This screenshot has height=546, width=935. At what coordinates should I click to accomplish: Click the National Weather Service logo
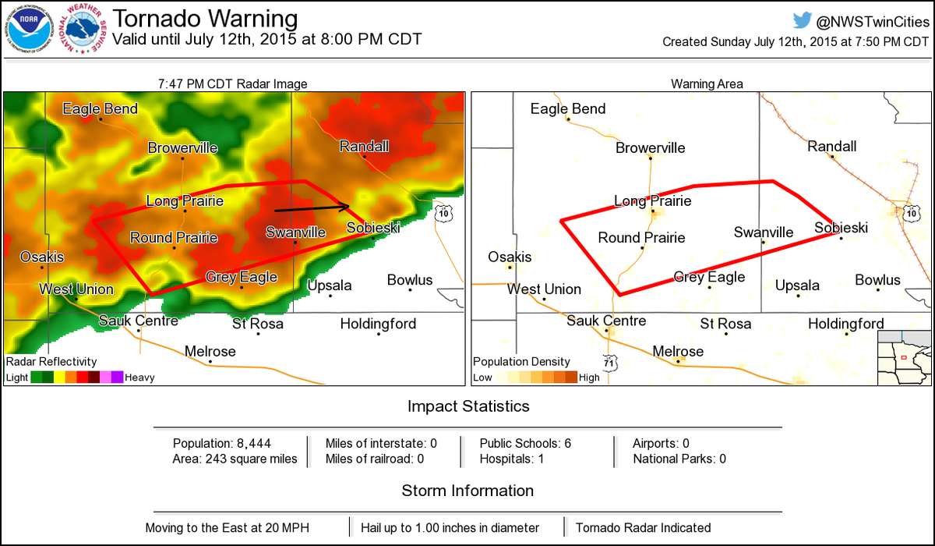85,30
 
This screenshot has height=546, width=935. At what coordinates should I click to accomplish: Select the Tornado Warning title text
205,18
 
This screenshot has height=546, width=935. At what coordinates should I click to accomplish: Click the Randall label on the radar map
364,147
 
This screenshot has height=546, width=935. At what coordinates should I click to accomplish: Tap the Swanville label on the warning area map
764,232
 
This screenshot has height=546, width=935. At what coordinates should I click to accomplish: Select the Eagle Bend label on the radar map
100,108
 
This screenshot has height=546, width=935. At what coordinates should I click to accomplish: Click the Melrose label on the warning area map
677,351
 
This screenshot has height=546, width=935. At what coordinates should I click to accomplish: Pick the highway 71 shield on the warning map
609,362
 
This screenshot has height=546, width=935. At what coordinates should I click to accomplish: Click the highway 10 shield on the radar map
443,212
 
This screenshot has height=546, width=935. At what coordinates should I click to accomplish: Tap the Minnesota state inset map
904,357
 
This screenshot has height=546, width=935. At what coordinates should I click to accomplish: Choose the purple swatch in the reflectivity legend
117,378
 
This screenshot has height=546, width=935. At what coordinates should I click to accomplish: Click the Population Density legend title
521,362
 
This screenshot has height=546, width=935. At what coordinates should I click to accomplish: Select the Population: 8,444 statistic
222,443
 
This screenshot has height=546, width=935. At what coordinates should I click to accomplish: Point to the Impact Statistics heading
467,406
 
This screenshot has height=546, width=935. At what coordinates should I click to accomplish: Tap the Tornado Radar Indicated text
643,527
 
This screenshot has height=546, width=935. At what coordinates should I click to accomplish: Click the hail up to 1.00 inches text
458,527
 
